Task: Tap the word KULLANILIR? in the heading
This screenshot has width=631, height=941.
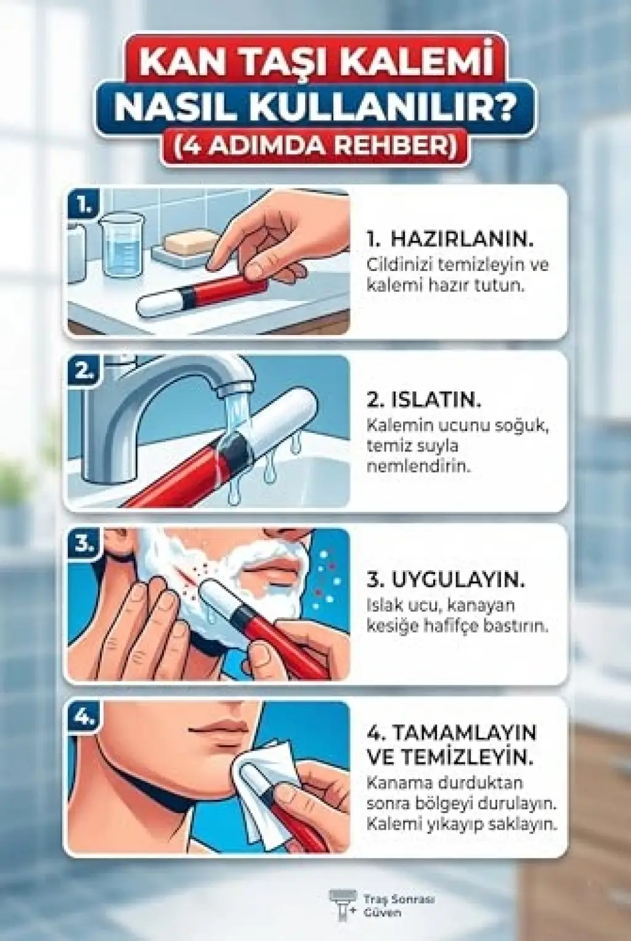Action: pos(386,107)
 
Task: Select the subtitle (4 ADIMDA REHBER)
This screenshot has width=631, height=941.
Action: pos(315,146)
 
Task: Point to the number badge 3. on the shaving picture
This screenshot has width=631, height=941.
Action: pos(84,545)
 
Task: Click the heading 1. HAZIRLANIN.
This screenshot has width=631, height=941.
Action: pos(450,239)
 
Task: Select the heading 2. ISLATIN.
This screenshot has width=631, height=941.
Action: pos(424,400)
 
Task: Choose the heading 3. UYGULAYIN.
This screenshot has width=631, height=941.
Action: pos(446,580)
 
